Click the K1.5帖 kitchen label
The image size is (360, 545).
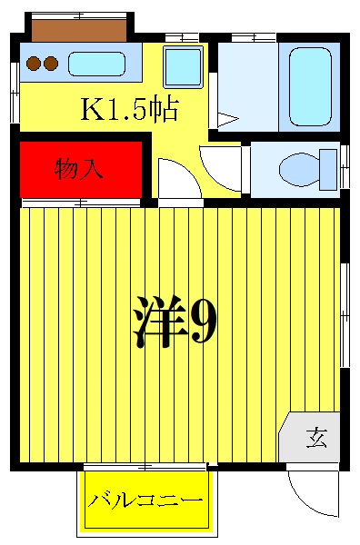[x=130, y=111]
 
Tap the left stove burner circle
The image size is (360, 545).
[x=34, y=64]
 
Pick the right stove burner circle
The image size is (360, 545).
[x=51, y=64]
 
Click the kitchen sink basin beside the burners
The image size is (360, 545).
[x=96, y=64]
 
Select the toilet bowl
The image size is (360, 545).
[x=299, y=169]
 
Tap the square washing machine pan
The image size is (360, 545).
[x=184, y=66]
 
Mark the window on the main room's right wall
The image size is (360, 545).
[x=345, y=314]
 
